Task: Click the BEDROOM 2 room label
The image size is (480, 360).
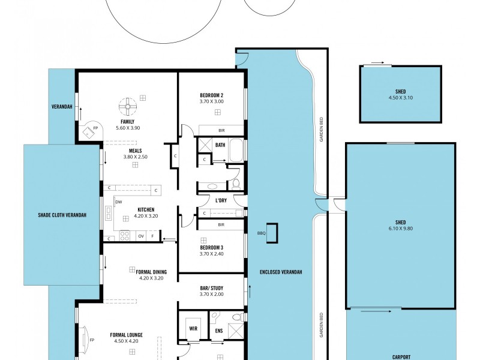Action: pos(211,95)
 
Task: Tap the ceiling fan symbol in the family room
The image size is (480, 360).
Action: pos(127,107)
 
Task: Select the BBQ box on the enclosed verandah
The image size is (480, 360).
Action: pos(272,233)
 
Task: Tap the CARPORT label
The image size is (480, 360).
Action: pos(401,356)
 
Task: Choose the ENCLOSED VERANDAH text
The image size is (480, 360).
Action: pos(281,272)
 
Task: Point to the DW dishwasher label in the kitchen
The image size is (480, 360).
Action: pos(118,202)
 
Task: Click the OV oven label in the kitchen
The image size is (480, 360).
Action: pos(141,236)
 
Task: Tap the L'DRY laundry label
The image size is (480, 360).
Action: pos(221,200)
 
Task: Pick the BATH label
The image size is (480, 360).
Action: pos(220,145)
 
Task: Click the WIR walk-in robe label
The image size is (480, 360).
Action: pos(193,329)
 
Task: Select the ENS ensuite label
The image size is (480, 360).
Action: pos(220,329)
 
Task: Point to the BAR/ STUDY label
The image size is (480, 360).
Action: pos(211,287)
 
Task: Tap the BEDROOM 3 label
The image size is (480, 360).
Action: pos(211,247)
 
